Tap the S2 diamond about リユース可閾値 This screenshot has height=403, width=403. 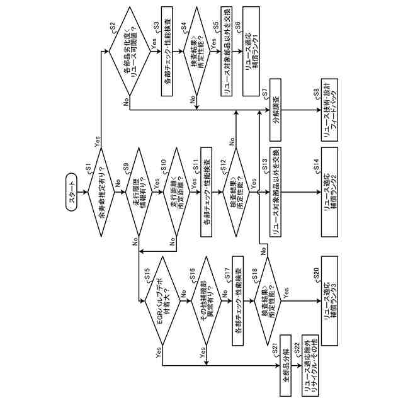(129, 51)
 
